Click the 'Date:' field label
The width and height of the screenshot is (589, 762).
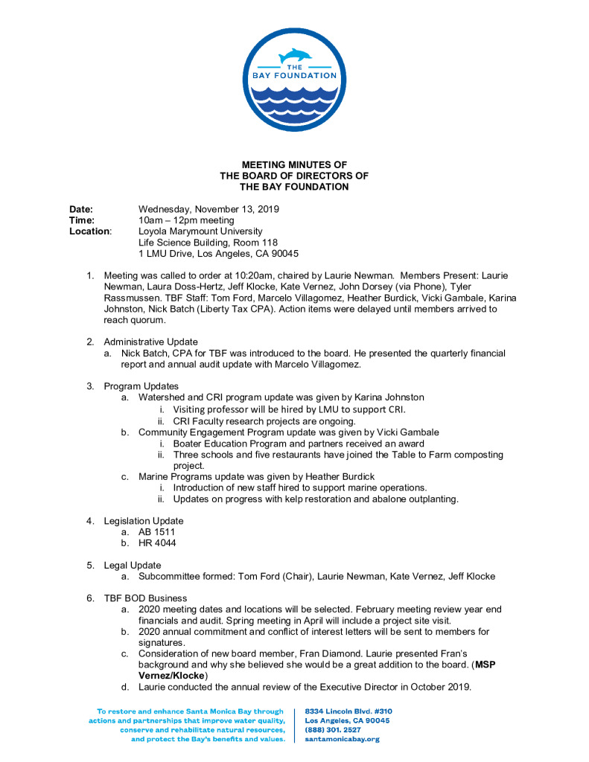click(81, 210)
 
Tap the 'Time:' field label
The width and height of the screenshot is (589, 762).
click(82, 220)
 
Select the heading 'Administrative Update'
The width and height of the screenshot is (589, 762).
click(150, 342)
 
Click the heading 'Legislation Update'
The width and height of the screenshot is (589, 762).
click(143, 521)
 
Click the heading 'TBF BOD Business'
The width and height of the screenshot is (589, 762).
click(145, 598)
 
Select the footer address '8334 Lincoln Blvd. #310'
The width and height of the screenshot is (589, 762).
click(349, 711)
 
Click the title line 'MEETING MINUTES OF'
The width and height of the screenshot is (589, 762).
click(294, 164)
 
